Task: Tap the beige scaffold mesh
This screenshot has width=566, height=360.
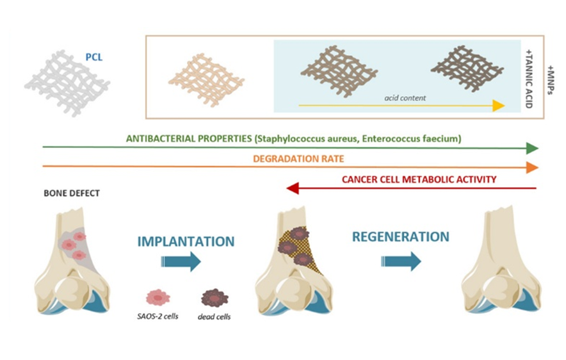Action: pyautogui.click(x=206, y=78)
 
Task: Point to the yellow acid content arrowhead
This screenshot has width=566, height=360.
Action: pyautogui.click(x=498, y=106)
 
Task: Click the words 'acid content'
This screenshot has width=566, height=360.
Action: pyautogui.click(x=404, y=97)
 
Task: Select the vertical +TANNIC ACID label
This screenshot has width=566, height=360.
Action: pyautogui.click(x=528, y=77)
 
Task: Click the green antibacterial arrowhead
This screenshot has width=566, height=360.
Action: pyautogui.click(x=531, y=149)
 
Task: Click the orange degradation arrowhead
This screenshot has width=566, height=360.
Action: pyautogui.click(x=531, y=168)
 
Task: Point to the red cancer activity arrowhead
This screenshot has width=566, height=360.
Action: pyautogui.click(x=292, y=188)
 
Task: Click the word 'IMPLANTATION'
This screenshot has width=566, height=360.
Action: pyautogui.click(x=186, y=241)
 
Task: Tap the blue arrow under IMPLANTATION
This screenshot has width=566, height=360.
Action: pyautogui.click(x=182, y=261)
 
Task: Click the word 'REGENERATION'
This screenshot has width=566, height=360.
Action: pyautogui.click(x=400, y=237)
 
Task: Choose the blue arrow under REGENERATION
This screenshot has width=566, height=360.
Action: pyautogui.click(x=401, y=261)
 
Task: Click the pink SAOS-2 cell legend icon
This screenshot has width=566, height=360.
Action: pyautogui.click(x=158, y=297)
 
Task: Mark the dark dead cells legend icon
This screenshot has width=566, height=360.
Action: pyautogui.click(x=214, y=298)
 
